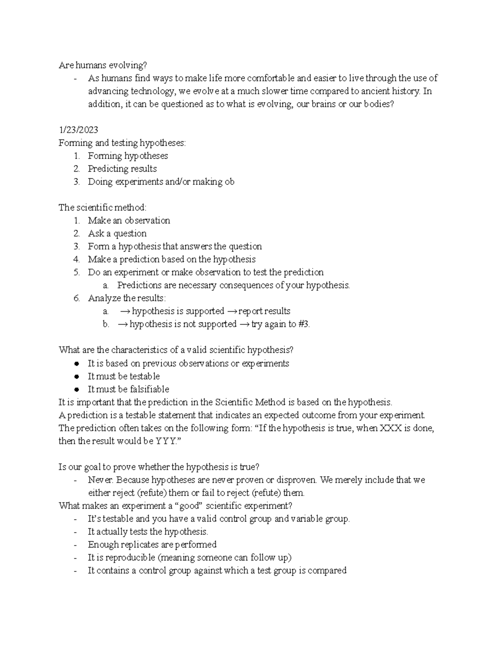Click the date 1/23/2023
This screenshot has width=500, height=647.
click(x=78, y=130)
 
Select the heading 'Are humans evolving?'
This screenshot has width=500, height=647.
click(x=103, y=65)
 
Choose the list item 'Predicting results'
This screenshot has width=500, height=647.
click(x=122, y=169)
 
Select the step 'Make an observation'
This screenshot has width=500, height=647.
click(x=129, y=220)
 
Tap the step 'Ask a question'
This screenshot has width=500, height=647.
click(x=117, y=233)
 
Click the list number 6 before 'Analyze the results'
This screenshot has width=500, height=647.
click(x=76, y=298)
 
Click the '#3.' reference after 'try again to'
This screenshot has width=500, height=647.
click(x=304, y=324)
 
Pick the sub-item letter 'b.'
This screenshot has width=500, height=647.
click(x=106, y=324)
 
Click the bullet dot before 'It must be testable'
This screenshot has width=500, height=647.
click(x=76, y=376)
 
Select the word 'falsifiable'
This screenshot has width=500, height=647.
click(x=149, y=389)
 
